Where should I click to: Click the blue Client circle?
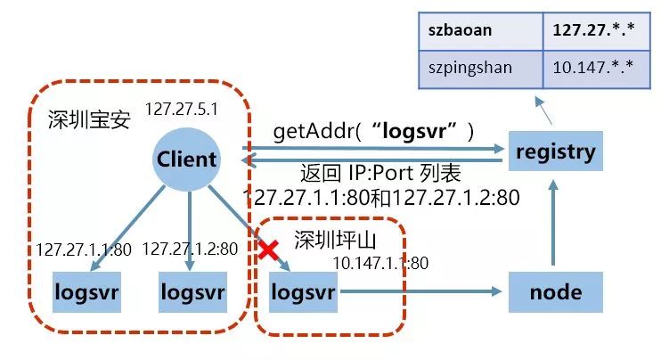[x=187, y=159]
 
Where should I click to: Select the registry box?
[x=553, y=151]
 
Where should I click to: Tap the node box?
[x=554, y=291]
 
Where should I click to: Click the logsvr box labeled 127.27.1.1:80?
[x=87, y=291]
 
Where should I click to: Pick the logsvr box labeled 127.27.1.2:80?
[x=192, y=291]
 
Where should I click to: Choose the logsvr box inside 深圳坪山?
[x=303, y=291]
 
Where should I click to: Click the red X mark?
[x=268, y=250]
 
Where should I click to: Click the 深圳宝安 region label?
[x=90, y=120]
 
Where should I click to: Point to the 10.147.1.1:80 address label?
[x=380, y=262]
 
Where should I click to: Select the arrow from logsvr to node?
[x=419, y=291]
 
